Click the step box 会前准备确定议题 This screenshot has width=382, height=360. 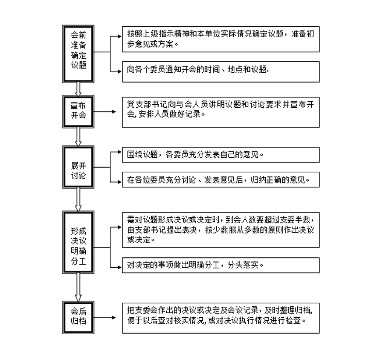tap(78, 54)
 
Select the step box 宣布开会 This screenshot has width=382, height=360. tap(78, 112)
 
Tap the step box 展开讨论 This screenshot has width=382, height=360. tap(78, 167)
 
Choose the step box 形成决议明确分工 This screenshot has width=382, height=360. tap(78, 242)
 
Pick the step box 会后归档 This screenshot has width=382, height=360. tap(78, 317)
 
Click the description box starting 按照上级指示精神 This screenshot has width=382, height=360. tap(221, 39)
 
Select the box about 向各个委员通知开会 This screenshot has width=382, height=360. tap(221, 72)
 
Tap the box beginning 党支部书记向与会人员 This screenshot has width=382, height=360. tap(221, 112)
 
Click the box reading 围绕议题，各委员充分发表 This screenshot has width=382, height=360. tap(221, 155)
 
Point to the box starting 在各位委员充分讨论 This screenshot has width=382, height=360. tap(221, 179)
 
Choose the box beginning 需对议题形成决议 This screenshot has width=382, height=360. tap(221, 230)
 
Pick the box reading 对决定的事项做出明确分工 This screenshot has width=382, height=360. tap(221, 265)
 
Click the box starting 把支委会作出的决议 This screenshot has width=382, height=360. tap(221, 318)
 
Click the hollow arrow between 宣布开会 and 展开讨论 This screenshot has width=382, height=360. tap(78, 137)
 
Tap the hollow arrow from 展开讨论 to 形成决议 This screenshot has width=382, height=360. tap(78, 200)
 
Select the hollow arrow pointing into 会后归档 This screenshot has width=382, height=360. tap(78, 287)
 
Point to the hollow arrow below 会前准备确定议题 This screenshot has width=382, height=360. tap(78, 89)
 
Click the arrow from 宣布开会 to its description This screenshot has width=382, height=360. tap(105, 112)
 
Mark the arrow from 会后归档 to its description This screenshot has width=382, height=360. tap(105, 317)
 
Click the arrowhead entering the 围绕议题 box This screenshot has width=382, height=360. tap(120, 152)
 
